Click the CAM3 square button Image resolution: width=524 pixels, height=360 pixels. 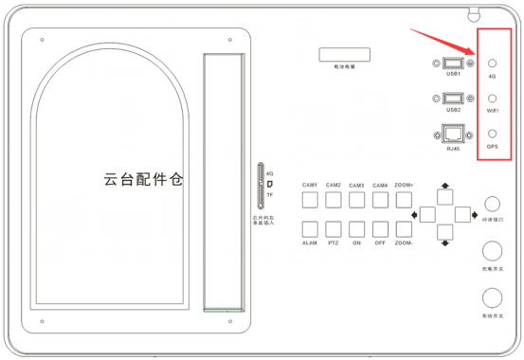click(x=356, y=200)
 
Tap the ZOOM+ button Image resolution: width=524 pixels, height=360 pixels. click(x=404, y=200)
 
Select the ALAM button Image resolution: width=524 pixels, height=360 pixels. click(x=310, y=228)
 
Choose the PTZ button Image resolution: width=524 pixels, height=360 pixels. click(x=334, y=228)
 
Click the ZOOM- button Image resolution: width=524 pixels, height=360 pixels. click(x=404, y=228)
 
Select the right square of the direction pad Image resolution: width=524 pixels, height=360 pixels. click(x=462, y=214)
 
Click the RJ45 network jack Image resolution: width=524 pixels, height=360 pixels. click(x=453, y=135)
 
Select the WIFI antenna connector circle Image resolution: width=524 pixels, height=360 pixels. click(x=493, y=98)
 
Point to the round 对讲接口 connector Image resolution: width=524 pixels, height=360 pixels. click(x=492, y=205)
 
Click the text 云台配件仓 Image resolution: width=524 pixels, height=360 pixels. click(x=142, y=178)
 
